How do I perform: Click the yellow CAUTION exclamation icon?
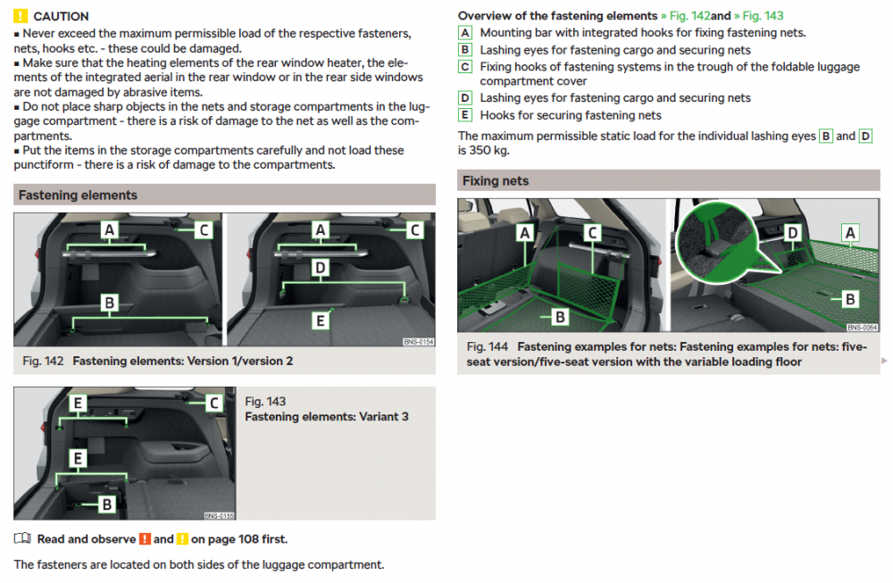(20, 16)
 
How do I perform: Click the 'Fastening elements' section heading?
(78, 196)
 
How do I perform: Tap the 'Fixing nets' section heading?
(496, 181)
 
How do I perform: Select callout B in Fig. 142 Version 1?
(109, 303)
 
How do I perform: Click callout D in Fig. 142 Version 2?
(320, 268)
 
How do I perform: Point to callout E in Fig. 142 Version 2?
(320, 321)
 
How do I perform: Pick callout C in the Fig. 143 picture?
(214, 403)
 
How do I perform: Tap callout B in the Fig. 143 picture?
(106, 504)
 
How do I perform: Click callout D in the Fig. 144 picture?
(792, 232)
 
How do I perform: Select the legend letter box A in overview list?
(464, 33)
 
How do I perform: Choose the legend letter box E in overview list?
(464, 115)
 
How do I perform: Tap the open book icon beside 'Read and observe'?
(22, 538)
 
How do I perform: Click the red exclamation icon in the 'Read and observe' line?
(146, 538)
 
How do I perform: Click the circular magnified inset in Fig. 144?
(717, 243)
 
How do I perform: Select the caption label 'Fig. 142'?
(43, 361)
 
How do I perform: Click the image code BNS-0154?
(419, 342)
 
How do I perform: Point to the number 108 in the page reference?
(248, 539)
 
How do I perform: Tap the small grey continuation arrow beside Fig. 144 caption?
(884, 361)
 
